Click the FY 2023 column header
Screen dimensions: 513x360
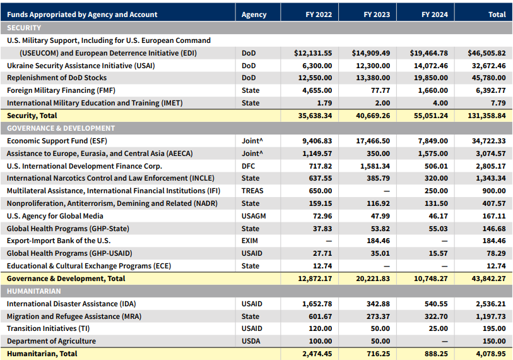(377, 15)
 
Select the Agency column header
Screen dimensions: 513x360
(254, 15)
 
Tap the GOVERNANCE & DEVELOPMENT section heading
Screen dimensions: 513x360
(61, 128)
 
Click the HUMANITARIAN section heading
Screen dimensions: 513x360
(33, 291)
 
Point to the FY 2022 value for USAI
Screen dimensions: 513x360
(317, 66)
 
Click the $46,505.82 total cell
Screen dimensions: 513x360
(486, 53)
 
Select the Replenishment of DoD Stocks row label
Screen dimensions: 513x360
(57, 78)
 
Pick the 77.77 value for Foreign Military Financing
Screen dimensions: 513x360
(380, 90)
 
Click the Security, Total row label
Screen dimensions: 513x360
(32, 116)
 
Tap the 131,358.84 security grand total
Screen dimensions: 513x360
(486, 116)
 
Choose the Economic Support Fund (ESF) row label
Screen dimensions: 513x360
(57, 141)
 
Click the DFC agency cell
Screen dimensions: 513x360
(248, 166)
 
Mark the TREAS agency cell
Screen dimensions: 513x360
(252, 191)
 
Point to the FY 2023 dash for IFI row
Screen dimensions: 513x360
(387, 191)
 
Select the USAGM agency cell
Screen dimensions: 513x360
(254, 216)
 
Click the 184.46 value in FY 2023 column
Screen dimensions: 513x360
(378, 241)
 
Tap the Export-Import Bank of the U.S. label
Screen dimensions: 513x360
(59, 241)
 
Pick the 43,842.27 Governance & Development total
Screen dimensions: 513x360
(488, 279)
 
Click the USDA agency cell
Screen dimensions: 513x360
(251, 341)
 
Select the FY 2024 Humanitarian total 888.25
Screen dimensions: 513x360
(435, 354)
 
